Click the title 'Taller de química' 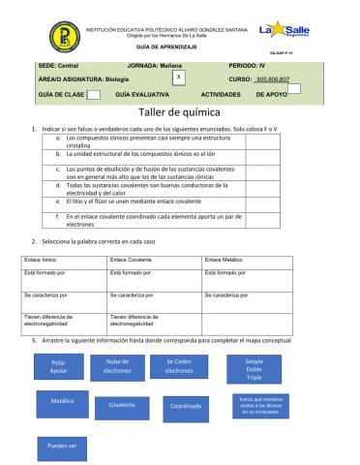tap(180, 112)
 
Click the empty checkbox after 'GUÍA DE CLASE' tap(94, 95)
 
